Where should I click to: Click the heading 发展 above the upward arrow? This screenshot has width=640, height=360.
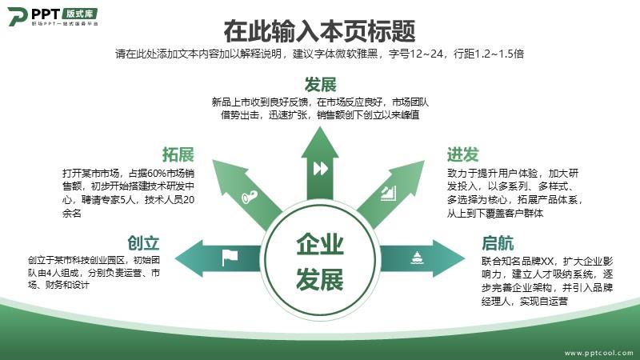(x=321, y=85)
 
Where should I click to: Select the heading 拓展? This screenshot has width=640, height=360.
(x=178, y=154)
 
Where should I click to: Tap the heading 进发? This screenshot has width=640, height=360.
(x=463, y=154)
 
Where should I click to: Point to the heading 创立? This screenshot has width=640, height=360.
(x=143, y=243)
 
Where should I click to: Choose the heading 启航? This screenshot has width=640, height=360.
(x=498, y=243)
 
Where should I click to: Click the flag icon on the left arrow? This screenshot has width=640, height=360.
(x=230, y=257)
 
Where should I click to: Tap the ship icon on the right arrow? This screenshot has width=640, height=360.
(x=417, y=258)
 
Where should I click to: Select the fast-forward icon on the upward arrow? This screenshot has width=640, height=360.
(x=321, y=168)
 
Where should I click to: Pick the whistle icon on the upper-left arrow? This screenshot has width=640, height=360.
(x=249, y=196)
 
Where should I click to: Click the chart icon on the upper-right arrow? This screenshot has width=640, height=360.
(x=388, y=193)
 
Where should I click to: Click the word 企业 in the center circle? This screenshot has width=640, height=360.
(x=320, y=244)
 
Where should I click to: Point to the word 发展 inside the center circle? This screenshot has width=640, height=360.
(x=320, y=279)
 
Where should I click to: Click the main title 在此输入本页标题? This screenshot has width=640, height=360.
(x=319, y=30)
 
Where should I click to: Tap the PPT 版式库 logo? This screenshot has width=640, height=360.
(x=53, y=16)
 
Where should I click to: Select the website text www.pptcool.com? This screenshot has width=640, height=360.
(x=598, y=353)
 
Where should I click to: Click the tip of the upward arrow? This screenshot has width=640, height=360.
(x=321, y=126)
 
